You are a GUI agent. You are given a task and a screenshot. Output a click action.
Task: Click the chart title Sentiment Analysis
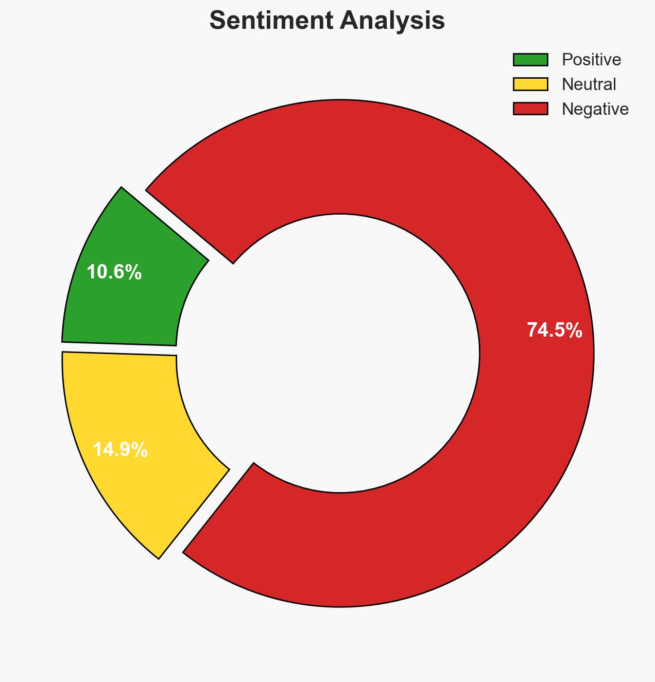tap(327, 21)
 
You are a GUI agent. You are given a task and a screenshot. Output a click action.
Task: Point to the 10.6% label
tap(114, 272)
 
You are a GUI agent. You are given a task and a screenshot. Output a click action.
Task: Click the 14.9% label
tap(120, 450)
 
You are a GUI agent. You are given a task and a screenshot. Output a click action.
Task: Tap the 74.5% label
tap(554, 330)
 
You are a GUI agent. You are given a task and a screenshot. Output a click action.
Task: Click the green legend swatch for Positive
tap(530, 60)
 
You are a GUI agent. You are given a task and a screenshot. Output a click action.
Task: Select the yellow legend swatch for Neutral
tap(530, 84)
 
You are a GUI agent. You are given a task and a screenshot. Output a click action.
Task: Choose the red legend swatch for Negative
tap(530, 109)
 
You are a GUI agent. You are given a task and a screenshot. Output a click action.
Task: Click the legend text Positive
tap(591, 60)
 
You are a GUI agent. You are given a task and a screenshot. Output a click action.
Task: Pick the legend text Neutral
tap(589, 84)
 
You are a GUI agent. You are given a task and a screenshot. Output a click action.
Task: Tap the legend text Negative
tap(595, 109)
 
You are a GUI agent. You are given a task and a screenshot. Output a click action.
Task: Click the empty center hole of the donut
tap(340, 353)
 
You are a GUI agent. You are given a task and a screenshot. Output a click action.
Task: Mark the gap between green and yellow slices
tap(118, 348)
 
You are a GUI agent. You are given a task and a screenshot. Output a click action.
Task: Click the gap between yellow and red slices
tap(206, 510)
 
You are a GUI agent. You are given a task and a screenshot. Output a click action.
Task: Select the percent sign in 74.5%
tap(575, 330)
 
